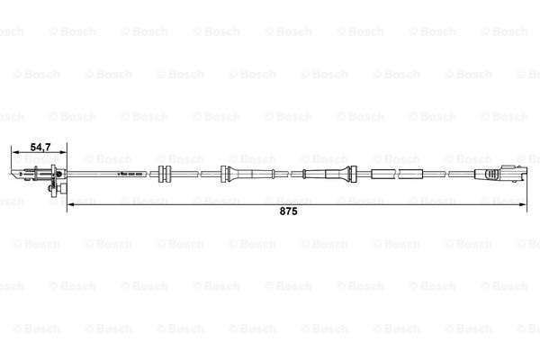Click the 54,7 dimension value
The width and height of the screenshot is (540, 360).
coord(40,147)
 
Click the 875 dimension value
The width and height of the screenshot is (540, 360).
coord(288,211)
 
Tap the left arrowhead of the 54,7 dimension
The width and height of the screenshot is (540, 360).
coord(14,152)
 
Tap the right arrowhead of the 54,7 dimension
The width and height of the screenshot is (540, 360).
coord(63,152)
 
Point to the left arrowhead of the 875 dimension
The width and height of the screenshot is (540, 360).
coord(70,204)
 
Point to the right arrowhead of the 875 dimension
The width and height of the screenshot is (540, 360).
coord(523,204)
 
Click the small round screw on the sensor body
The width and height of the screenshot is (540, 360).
coord(58,174)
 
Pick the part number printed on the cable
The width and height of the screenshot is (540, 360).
coord(130,175)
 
